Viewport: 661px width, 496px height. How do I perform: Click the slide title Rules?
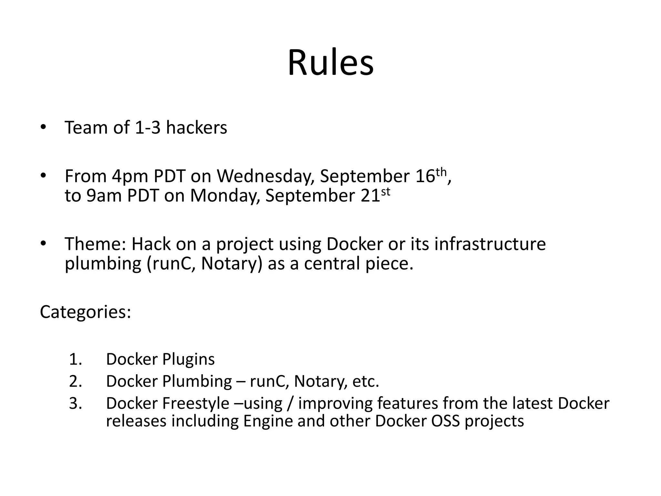coord(330,63)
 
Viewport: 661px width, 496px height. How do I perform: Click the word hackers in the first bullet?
coord(196,128)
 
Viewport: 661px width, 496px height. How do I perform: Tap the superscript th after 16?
coord(441,172)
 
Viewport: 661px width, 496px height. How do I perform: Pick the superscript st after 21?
coord(386,191)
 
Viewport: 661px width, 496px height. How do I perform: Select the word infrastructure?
coord(490,244)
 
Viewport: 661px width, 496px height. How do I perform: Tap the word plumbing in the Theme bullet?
coord(103,264)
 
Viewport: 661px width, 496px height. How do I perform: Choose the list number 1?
coord(75,359)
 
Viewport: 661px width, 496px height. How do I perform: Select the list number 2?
coord(75,381)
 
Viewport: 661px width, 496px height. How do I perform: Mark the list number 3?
coord(75,403)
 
